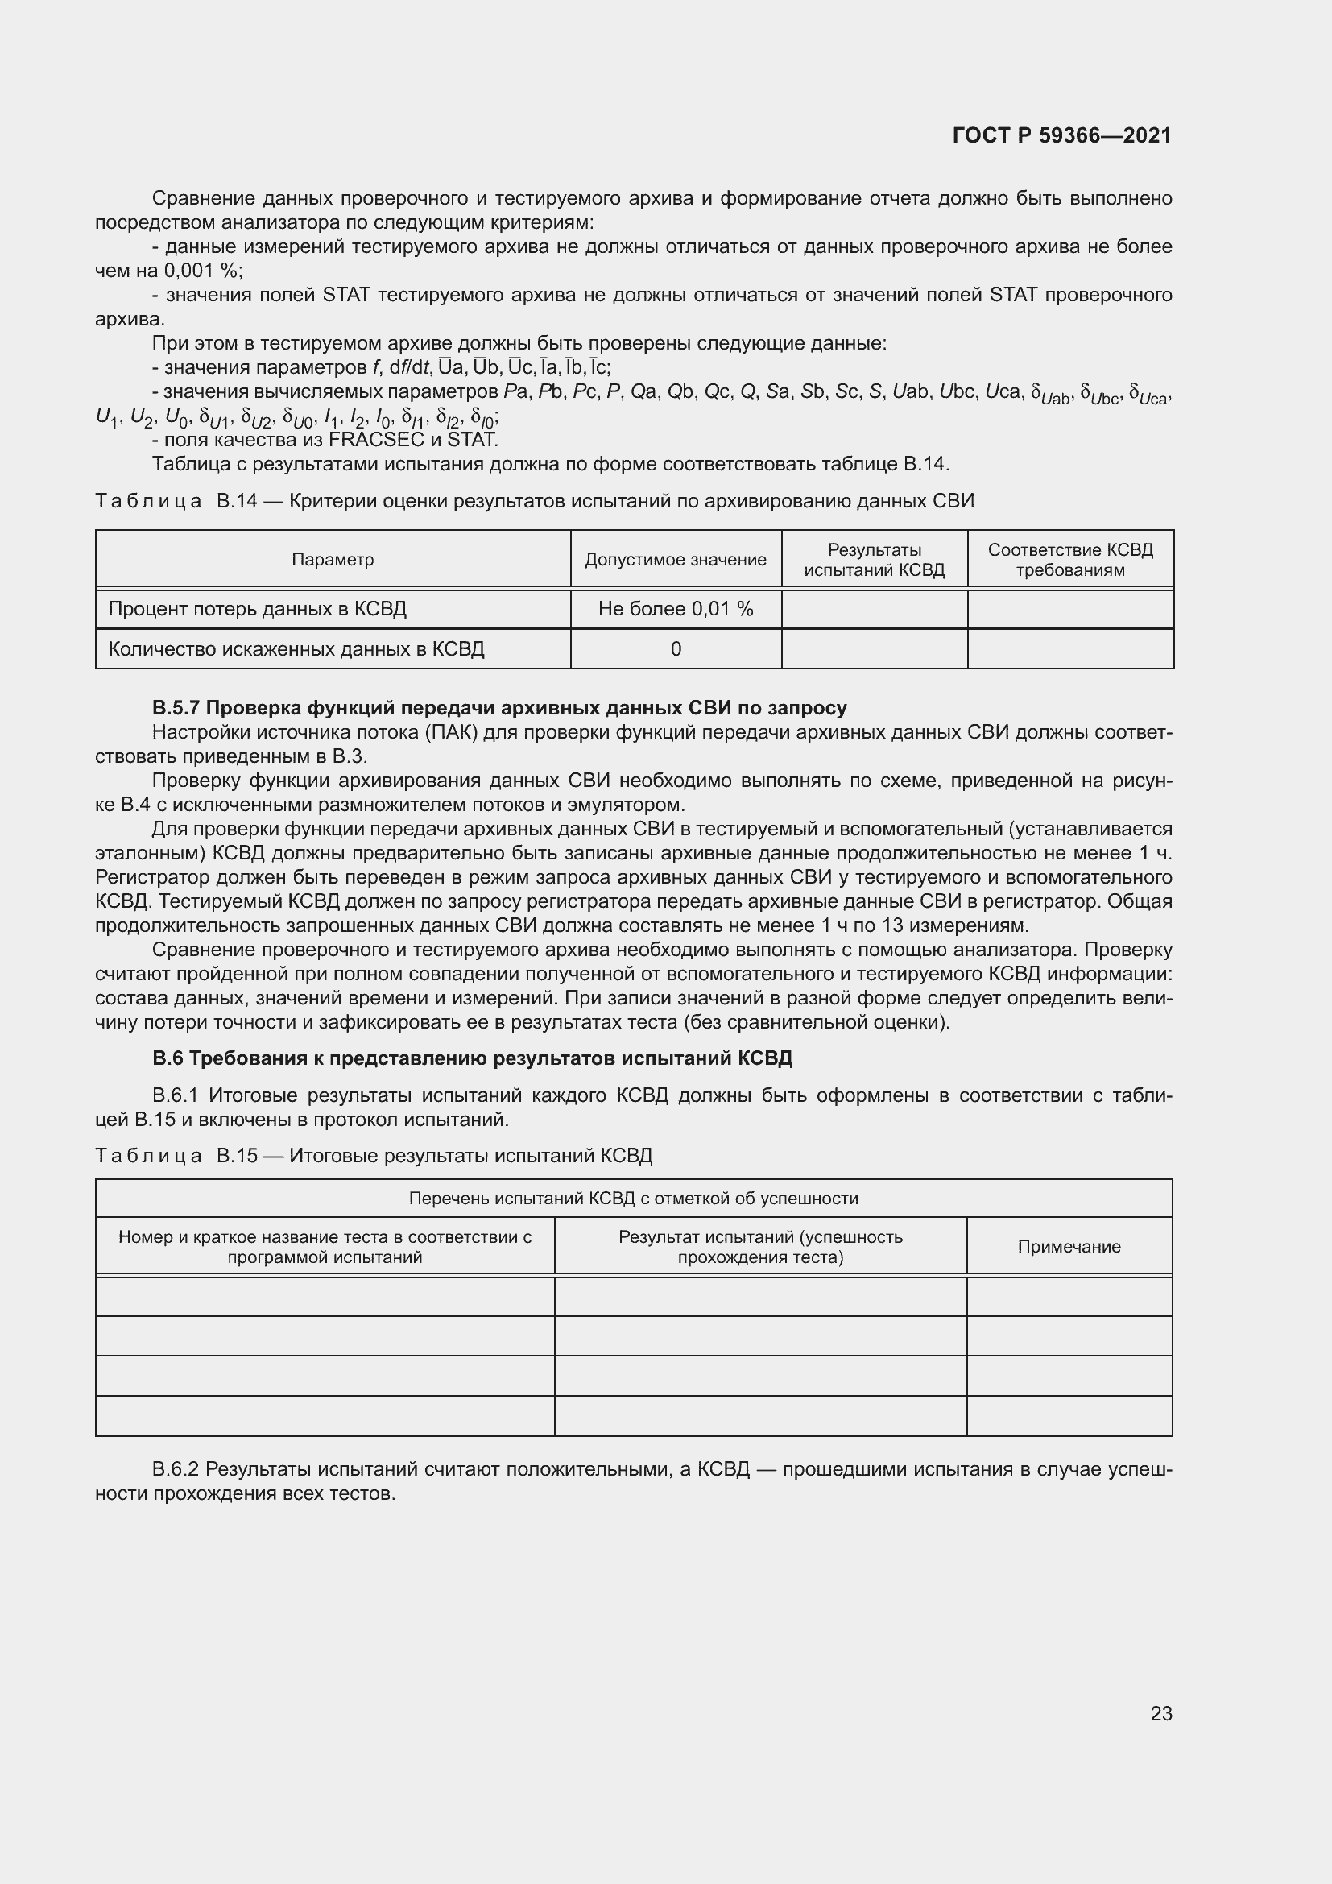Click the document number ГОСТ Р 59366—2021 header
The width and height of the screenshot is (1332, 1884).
tap(1061, 135)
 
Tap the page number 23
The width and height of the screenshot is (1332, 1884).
tap(1160, 1713)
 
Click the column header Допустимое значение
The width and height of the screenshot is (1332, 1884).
tap(675, 560)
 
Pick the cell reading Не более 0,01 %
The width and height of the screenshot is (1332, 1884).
tap(675, 609)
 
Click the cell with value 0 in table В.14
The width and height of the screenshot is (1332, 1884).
tap(675, 649)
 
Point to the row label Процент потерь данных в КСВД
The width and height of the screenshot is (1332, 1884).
tap(257, 609)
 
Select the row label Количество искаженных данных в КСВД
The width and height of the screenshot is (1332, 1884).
tap(296, 649)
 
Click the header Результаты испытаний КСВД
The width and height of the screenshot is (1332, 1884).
tap(874, 560)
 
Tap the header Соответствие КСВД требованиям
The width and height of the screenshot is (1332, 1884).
tap(1069, 560)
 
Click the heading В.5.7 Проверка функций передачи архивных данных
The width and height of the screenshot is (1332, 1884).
tap(498, 707)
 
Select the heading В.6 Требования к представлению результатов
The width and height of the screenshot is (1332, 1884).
tap(472, 1058)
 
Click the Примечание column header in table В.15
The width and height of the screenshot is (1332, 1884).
tap(1069, 1246)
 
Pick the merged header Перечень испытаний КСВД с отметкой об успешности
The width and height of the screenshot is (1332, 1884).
tap(633, 1198)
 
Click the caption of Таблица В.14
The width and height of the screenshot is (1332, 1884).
tap(534, 500)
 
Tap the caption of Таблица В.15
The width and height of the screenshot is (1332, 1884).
tap(373, 1155)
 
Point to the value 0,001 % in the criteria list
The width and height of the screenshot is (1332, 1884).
tap(201, 271)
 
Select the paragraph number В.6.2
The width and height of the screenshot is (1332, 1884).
tap(175, 1469)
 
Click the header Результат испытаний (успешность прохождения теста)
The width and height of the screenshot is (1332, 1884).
tap(760, 1246)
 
